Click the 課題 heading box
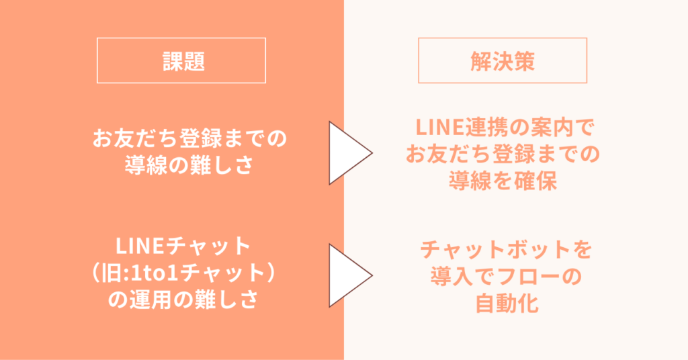point(181,60)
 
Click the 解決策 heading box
point(503,60)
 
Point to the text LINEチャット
point(183,246)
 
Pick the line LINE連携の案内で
point(503,127)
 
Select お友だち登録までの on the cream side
point(503,154)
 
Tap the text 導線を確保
point(503,181)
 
